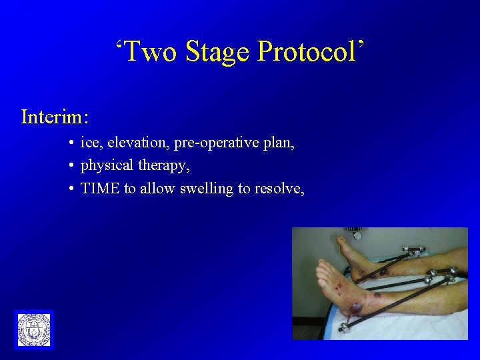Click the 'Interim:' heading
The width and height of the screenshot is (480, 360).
click(55, 117)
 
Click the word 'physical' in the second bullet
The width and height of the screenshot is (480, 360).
click(107, 165)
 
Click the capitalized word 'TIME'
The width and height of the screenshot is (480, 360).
click(100, 188)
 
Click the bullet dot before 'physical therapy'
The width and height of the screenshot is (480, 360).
click(71, 165)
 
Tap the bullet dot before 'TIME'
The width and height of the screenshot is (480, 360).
click(71, 189)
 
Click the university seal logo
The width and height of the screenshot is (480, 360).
click(33, 329)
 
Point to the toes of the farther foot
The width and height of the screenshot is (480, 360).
click(343, 241)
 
